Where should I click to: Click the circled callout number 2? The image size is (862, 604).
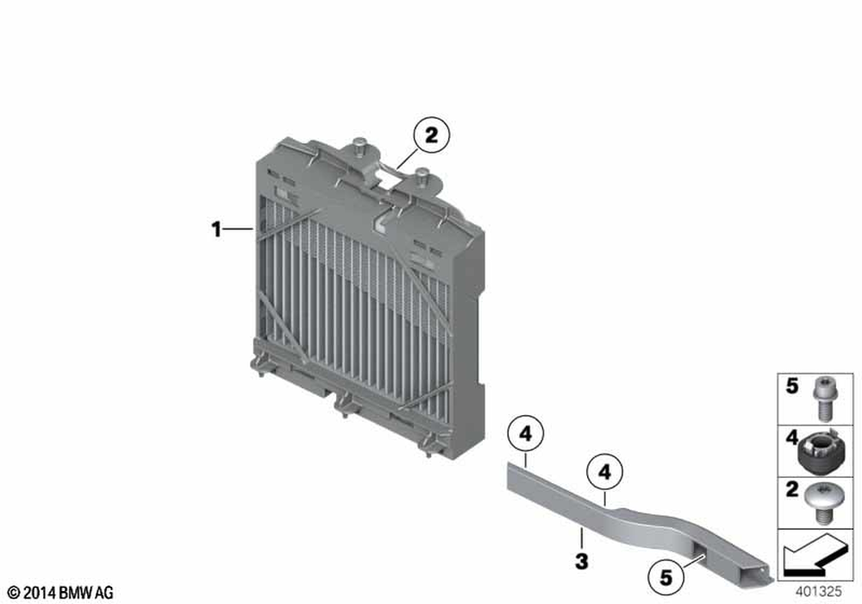(x=432, y=135)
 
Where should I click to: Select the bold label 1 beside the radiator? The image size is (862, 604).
(x=216, y=229)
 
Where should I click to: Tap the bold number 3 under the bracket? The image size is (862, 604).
(x=582, y=562)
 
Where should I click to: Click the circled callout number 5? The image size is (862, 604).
(x=665, y=577)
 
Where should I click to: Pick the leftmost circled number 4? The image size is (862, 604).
(x=526, y=434)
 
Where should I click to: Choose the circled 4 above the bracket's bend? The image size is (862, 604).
(x=605, y=472)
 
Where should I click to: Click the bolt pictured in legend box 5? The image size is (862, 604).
(x=823, y=398)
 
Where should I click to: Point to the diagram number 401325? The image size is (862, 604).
(x=819, y=591)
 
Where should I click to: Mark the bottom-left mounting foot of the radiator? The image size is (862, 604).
(x=259, y=366)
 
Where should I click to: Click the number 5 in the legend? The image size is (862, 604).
(x=791, y=387)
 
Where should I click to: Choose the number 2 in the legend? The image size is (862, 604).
(x=791, y=489)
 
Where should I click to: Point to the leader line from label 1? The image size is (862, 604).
(x=239, y=229)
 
